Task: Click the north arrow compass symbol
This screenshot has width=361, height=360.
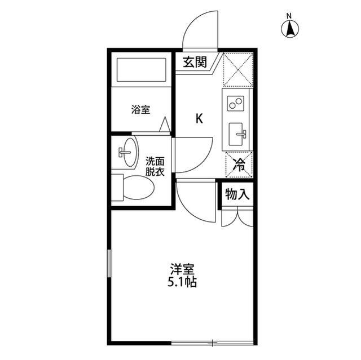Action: click(290, 28)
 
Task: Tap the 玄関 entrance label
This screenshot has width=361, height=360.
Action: click(195, 62)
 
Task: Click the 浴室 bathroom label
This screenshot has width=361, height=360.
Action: click(141, 109)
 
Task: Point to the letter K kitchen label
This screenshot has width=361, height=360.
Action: click(199, 119)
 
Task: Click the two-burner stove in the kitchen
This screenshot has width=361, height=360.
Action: click(235, 104)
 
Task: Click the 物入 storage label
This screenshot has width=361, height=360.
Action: click(237, 195)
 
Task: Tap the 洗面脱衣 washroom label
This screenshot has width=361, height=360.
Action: click(155, 167)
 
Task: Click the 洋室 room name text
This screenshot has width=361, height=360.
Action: click(181, 269)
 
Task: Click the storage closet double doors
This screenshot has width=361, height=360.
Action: click(236, 217)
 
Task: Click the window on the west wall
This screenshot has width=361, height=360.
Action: click(109, 270)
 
